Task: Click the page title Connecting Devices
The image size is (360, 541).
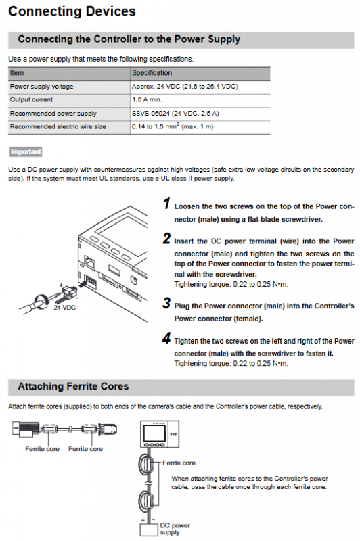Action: (72, 11)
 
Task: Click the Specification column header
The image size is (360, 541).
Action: (152, 73)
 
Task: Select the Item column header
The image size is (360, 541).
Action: (17, 73)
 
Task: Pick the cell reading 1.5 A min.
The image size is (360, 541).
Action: (147, 99)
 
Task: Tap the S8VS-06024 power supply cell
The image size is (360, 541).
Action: (175, 113)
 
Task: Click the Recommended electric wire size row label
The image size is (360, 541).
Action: (58, 126)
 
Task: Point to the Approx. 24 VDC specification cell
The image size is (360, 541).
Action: (185, 87)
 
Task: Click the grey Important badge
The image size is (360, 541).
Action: (26, 151)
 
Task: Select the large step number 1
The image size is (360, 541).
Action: (166, 204)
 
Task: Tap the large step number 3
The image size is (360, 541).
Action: (166, 303)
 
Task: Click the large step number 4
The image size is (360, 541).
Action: (166, 338)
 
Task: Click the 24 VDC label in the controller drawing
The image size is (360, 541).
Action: (64, 308)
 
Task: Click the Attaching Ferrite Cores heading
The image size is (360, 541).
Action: (73, 386)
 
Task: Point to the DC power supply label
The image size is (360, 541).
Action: (175, 529)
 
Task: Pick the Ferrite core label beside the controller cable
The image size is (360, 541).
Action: (179, 463)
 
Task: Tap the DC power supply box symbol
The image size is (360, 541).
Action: (149, 530)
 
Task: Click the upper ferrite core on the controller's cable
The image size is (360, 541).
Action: (146, 464)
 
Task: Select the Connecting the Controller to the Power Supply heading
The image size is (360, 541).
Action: (129, 39)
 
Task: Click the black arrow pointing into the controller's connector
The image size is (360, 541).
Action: (83, 284)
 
